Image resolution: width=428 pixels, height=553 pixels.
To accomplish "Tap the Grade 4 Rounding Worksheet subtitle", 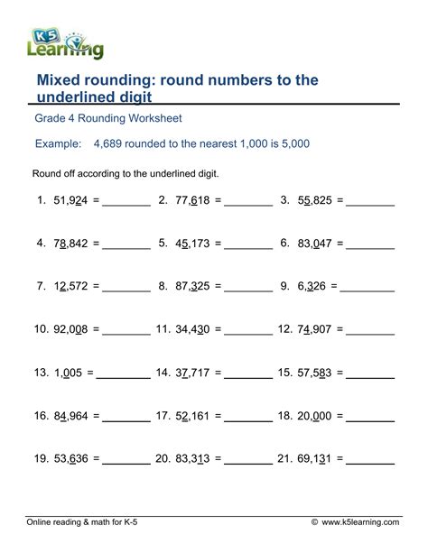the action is (107, 118).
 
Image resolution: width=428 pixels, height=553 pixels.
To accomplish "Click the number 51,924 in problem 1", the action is (69, 201).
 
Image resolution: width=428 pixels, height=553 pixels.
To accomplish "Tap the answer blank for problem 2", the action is (249, 204).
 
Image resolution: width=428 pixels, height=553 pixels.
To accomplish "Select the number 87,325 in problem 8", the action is (191, 286).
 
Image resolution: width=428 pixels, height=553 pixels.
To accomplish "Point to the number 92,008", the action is (69, 329).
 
